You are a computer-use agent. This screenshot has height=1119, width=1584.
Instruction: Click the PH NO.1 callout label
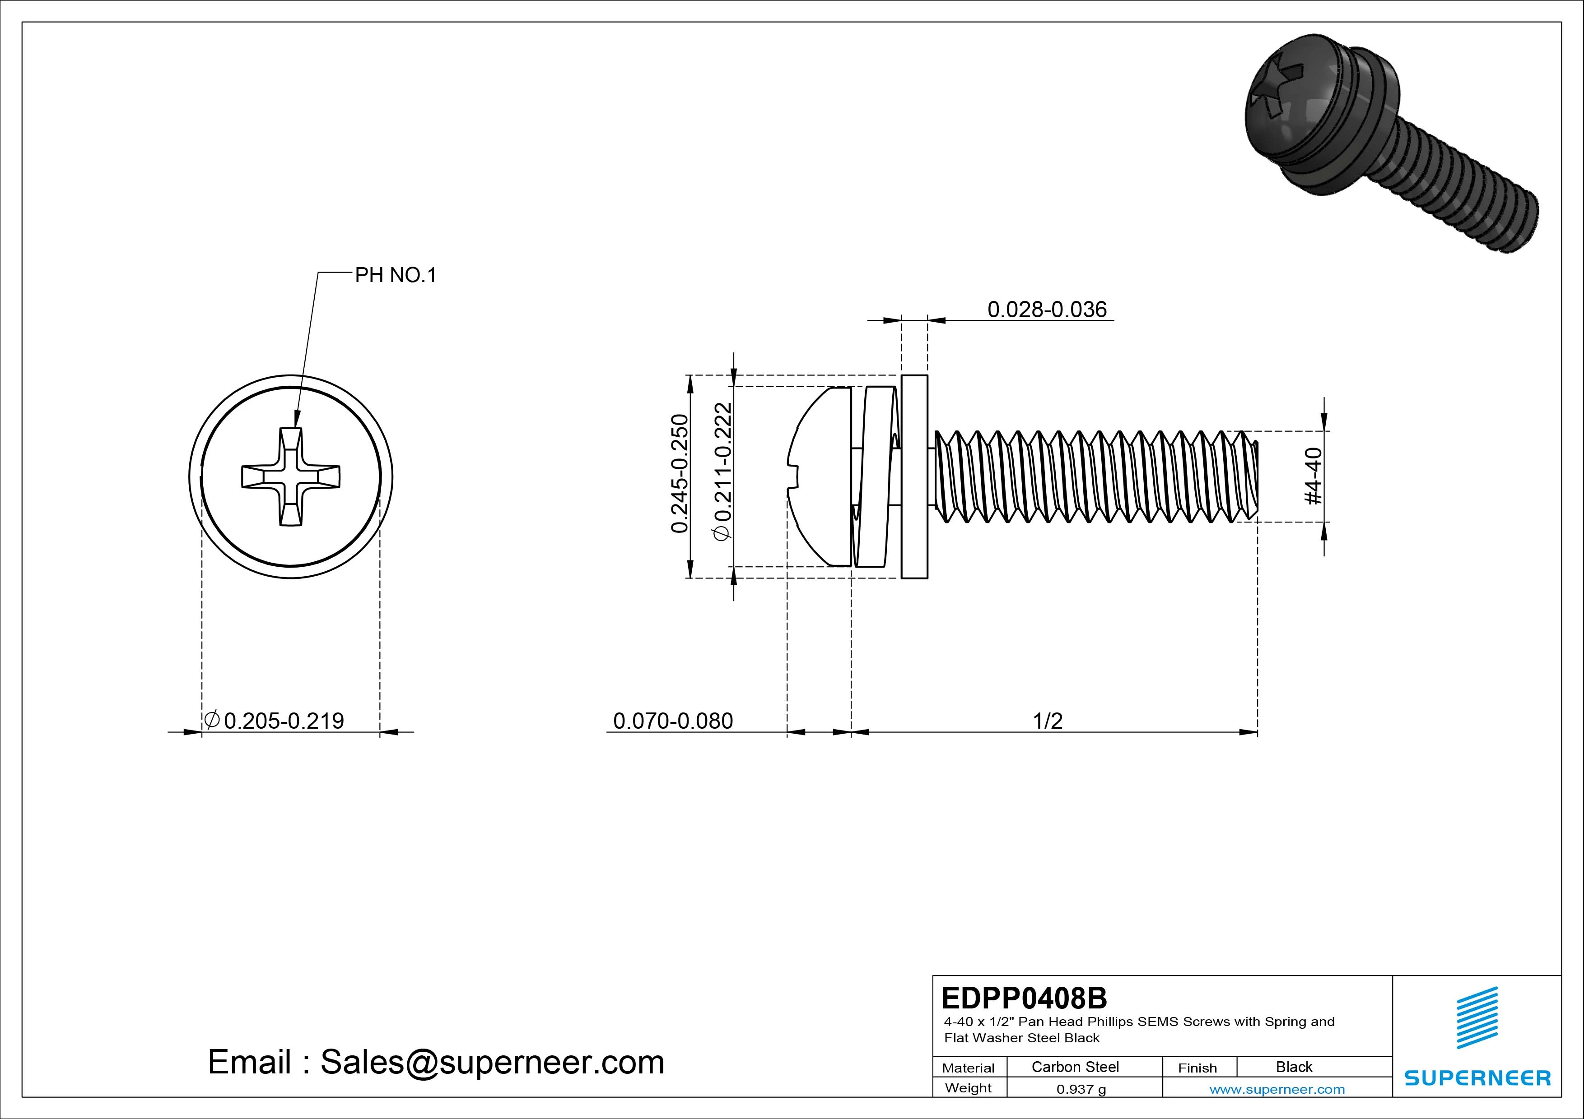(x=395, y=276)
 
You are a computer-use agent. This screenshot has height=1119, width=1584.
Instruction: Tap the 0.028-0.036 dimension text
(x=1047, y=310)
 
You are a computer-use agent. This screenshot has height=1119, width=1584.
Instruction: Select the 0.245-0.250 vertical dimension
(x=680, y=474)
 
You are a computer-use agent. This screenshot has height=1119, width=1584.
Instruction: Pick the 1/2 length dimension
(x=1047, y=721)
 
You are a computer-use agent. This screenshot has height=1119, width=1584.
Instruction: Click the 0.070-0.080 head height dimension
(x=673, y=721)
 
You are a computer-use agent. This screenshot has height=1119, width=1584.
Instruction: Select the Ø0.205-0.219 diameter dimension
(x=275, y=721)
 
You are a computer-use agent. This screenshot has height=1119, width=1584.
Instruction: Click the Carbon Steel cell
(x=1075, y=1067)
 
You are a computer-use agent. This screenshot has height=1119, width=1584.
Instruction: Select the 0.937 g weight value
(x=1081, y=1089)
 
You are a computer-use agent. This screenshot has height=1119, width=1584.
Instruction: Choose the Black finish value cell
(x=1294, y=1067)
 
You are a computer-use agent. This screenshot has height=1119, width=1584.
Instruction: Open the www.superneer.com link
(x=1277, y=1089)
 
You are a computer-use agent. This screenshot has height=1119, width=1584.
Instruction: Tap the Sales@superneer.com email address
(x=492, y=1063)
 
